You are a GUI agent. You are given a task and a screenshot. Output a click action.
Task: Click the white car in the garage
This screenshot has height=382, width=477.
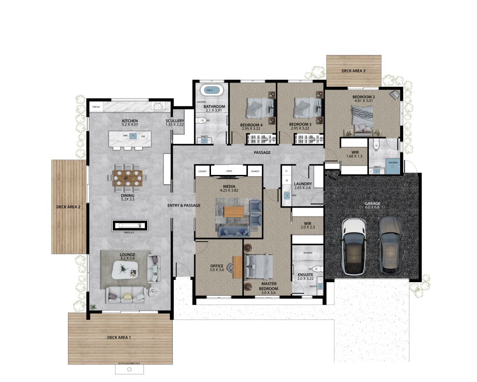[354, 247]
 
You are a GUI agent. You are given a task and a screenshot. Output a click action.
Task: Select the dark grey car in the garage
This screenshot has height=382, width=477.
[390, 247]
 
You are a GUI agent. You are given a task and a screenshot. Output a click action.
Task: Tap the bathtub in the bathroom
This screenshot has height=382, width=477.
[211, 90]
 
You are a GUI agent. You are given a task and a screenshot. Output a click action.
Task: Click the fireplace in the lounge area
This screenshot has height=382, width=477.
[130, 226]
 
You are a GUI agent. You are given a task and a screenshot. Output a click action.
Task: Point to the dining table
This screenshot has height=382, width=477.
[127, 177]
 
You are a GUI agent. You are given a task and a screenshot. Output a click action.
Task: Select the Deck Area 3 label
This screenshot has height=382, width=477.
[353, 71]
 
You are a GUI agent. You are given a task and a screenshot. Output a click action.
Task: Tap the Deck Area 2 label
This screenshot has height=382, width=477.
[68, 207]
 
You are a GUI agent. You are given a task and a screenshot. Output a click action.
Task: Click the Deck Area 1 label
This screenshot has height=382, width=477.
[119, 337]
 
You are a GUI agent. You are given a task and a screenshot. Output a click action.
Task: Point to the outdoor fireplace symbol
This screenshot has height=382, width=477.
[129, 369]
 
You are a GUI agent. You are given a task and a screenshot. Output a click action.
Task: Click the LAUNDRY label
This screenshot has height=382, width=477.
[303, 184]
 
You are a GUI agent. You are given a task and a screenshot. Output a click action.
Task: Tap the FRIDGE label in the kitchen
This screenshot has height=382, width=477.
[96, 107]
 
